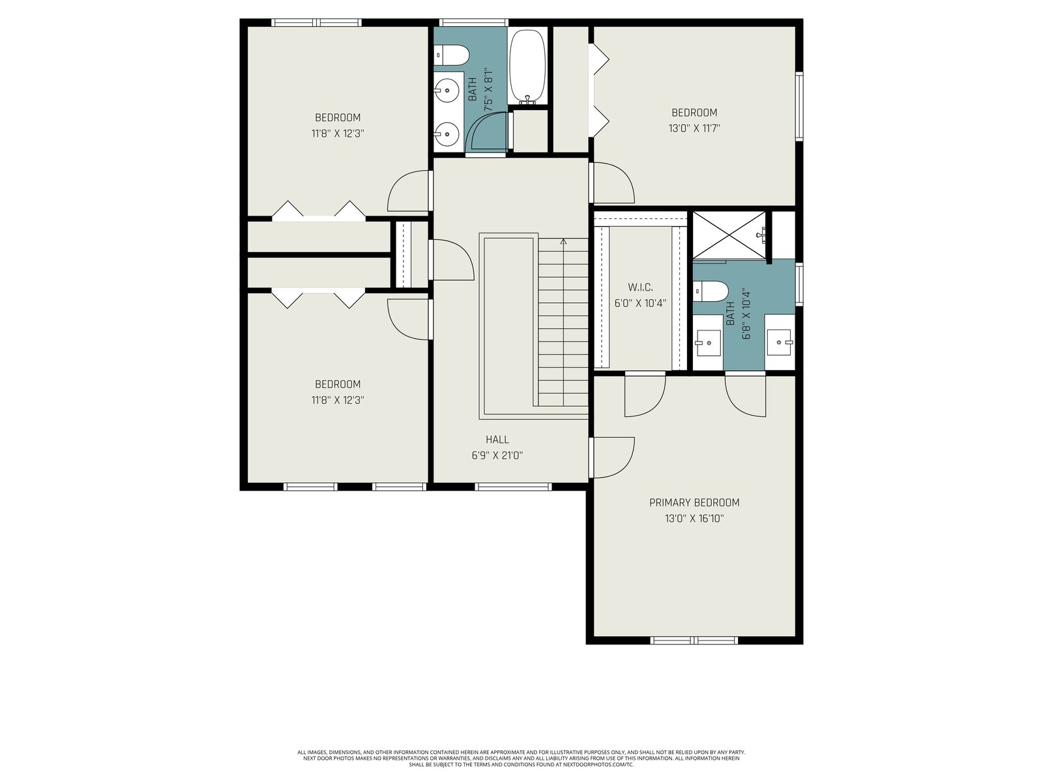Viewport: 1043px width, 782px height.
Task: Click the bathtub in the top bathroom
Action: [x=527, y=66]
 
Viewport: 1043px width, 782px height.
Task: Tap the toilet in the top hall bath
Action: [x=451, y=55]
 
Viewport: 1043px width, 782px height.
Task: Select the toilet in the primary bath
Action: [x=711, y=291]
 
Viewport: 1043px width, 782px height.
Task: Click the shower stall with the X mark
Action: [x=729, y=235]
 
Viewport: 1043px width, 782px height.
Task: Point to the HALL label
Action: [x=497, y=440]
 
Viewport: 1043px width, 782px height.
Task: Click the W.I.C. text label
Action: [x=640, y=287]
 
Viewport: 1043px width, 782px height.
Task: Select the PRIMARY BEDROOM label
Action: [x=694, y=502]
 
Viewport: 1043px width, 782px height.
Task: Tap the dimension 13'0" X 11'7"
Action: [x=694, y=128]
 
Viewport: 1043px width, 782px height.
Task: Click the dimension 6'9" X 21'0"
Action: [x=497, y=456]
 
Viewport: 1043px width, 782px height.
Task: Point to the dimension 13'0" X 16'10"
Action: [x=694, y=518]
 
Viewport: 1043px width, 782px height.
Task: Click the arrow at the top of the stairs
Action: [x=564, y=242]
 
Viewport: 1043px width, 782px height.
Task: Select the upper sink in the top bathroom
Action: [x=447, y=89]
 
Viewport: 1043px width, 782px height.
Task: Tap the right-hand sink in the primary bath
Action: [x=780, y=342]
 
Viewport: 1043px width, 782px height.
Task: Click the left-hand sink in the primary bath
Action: [x=708, y=342]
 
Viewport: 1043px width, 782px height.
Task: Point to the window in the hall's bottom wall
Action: [x=513, y=487]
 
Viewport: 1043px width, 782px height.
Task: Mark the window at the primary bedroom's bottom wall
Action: [x=694, y=641]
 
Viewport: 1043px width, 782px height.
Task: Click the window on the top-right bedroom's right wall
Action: [x=799, y=106]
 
